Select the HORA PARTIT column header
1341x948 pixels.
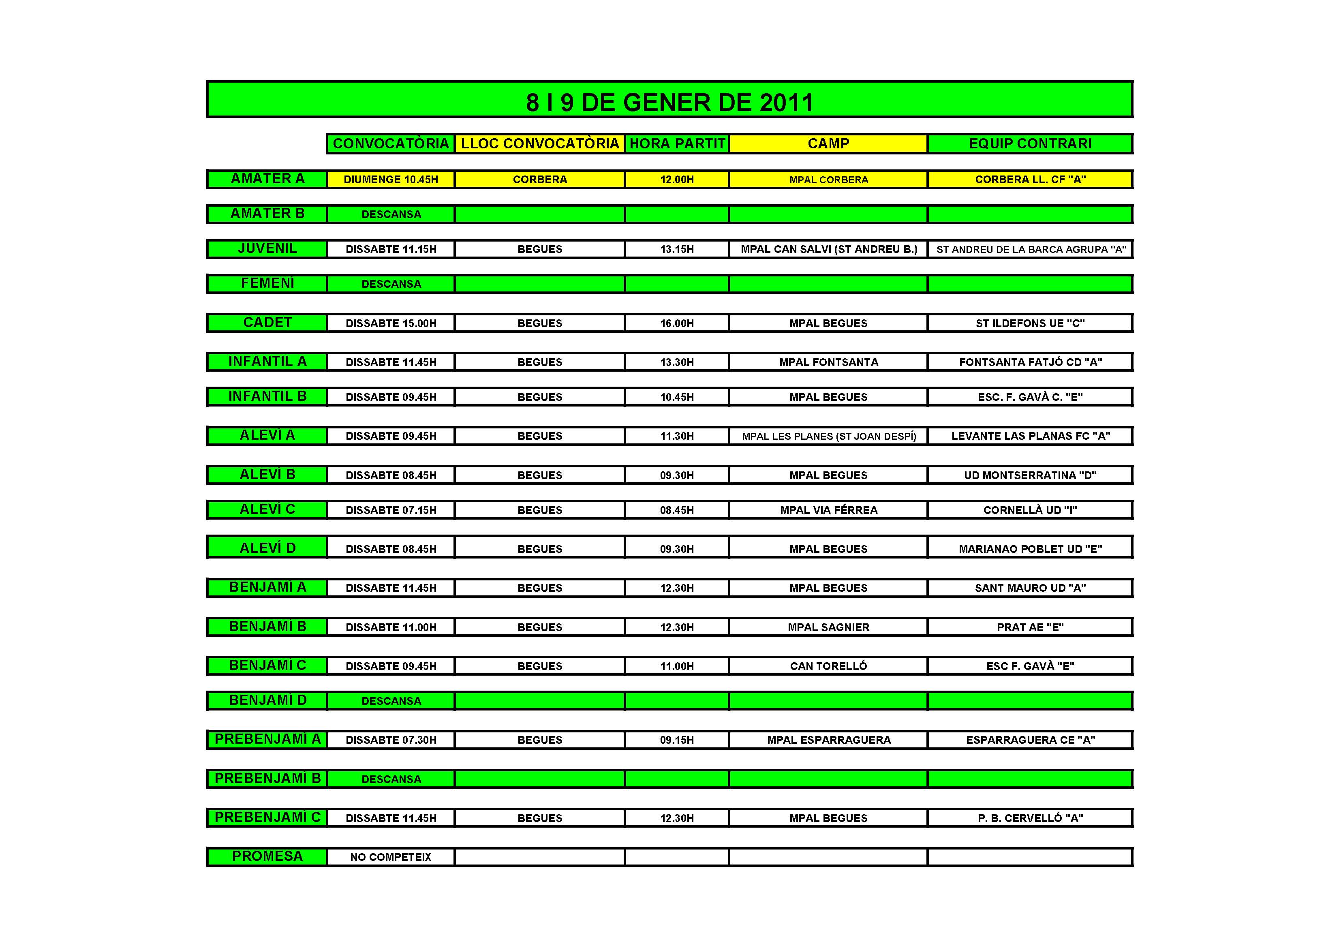tap(677, 144)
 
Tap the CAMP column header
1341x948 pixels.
tap(828, 144)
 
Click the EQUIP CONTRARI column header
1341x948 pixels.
tap(1030, 144)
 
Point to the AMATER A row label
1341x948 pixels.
tap(267, 179)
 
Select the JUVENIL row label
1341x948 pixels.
tap(267, 248)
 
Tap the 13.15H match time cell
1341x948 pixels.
tap(677, 249)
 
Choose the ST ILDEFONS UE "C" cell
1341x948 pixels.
tap(1030, 323)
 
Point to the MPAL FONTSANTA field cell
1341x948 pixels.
tap(828, 363)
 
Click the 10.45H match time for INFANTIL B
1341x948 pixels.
tap(677, 397)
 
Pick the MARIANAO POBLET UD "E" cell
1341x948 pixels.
tap(1030, 549)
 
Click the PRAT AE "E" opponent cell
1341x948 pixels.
tap(1030, 627)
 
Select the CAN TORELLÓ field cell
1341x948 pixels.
tap(828, 666)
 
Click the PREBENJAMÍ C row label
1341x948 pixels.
tap(267, 817)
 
